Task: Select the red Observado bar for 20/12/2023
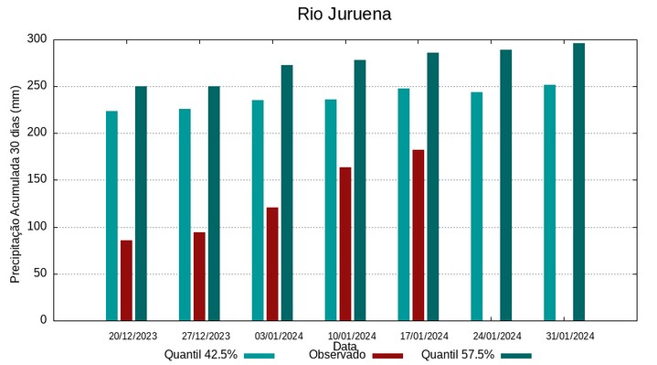click(126, 280)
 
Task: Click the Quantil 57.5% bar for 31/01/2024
click(578, 181)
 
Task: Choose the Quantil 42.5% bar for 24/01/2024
click(477, 206)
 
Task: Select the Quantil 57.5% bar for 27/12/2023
click(214, 203)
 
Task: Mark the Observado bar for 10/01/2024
click(345, 243)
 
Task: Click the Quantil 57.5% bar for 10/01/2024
click(360, 189)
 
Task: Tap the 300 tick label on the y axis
click(37, 39)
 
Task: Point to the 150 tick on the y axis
click(37, 180)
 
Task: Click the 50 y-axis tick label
click(40, 274)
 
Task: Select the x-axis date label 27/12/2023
click(206, 336)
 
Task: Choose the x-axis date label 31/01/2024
click(570, 336)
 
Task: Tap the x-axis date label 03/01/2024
click(279, 336)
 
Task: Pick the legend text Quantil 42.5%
click(201, 355)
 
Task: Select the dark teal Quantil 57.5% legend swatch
click(516, 355)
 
